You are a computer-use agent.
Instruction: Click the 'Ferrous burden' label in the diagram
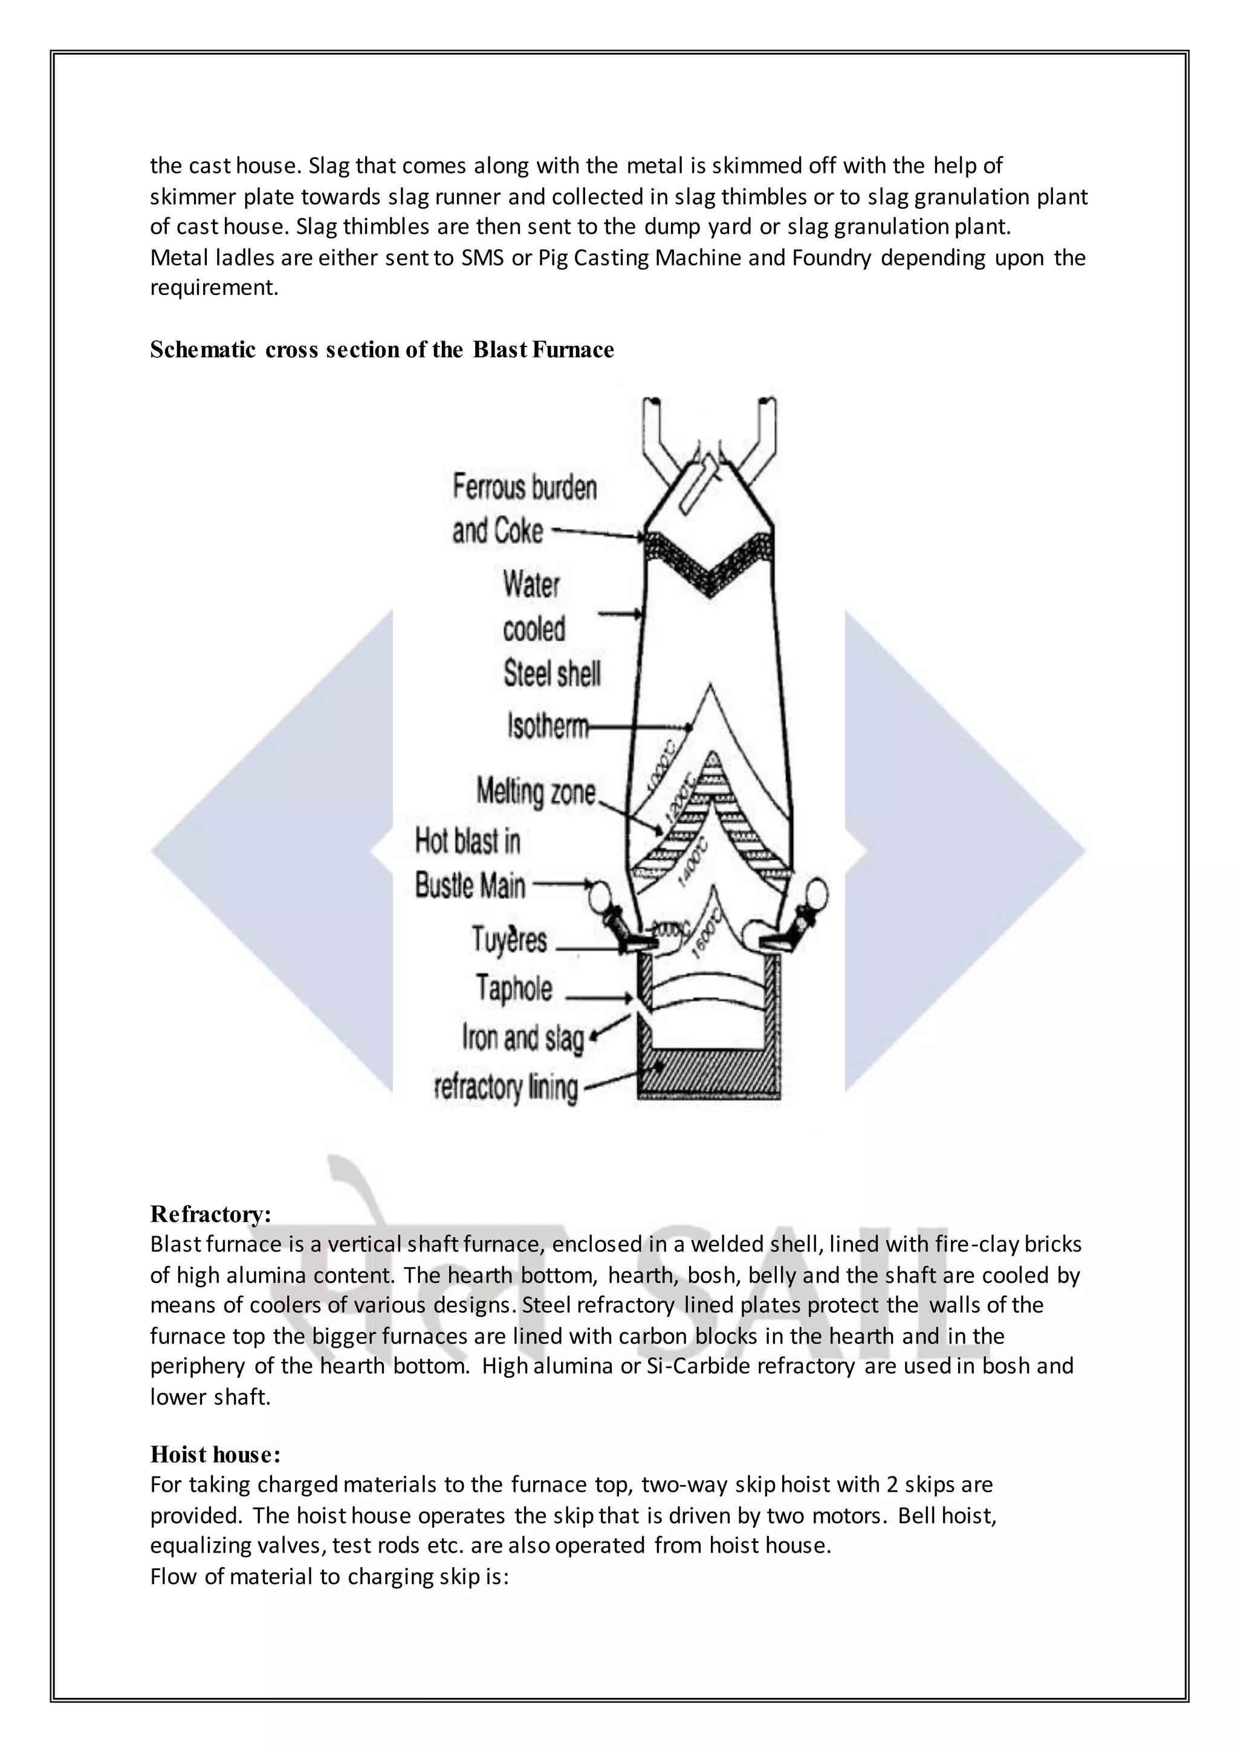(x=525, y=487)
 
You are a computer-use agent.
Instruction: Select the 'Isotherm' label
(x=547, y=726)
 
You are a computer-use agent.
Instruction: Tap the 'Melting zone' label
(x=536, y=791)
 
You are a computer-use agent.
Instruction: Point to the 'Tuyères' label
(x=509, y=940)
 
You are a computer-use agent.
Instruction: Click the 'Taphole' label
(x=514, y=989)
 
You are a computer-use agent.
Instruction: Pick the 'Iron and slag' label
(x=523, y=1038)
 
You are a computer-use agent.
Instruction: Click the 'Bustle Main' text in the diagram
(x=470, y=886)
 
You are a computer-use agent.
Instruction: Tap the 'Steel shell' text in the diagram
(x=552, y=674)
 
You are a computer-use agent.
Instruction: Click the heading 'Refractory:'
(x=210, y=1213)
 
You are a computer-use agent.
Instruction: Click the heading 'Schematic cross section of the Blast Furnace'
(x=381, y=350)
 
